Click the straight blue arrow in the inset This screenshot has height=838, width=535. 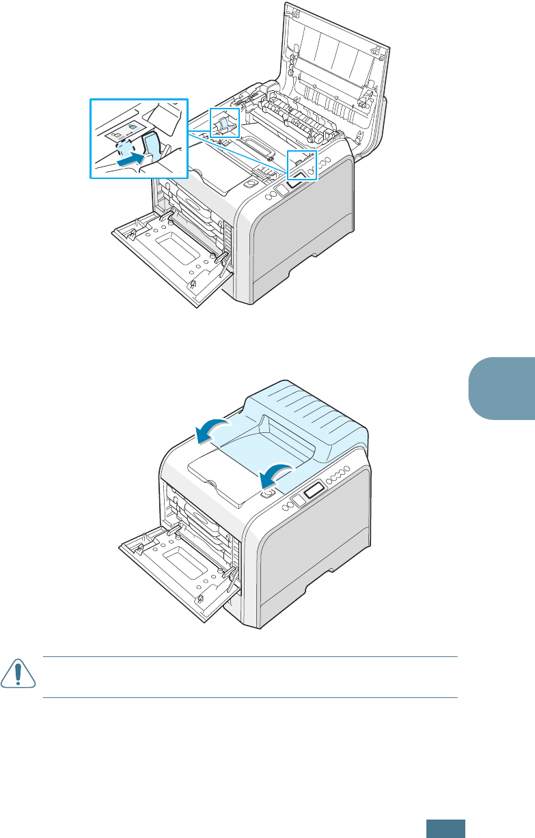pyautogui.click(x=131, y=162)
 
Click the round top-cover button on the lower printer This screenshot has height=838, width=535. pyautogui.click(x=268, y=492)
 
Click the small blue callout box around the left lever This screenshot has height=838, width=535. pyautogui.click(x=225, y=124)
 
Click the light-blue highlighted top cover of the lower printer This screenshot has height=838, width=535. pyautogui.click(x=301, y=423)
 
